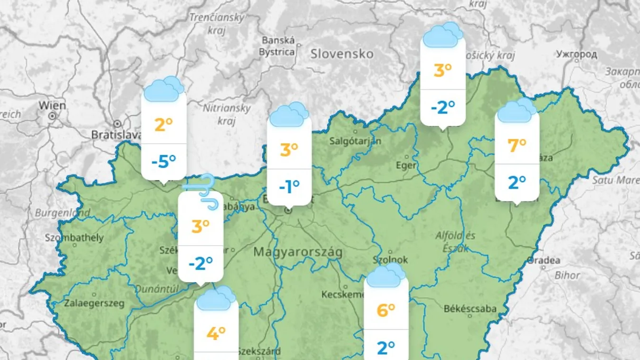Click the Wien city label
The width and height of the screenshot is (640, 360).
click(52, 105)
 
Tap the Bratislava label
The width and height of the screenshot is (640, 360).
click(116, 135)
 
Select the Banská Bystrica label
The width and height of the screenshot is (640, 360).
click(278, 46)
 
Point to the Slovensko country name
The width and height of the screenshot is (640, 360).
click(342, 54)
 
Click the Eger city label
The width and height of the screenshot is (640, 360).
click(406, 165)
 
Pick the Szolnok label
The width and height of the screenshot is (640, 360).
click(391, 260)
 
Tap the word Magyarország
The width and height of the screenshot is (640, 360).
click(297, 252)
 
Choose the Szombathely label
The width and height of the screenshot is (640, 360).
click(74, 237)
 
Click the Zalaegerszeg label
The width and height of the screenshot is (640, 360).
click(94, 303)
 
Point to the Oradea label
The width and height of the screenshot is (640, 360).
click(544, 260)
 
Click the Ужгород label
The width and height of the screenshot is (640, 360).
click(576, 54)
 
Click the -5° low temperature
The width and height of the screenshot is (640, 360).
click(163, 162)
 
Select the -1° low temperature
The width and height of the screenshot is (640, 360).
click(289, 187)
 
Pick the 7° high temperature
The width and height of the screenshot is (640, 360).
click(517, 145)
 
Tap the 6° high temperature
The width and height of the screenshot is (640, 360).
click(386, 310)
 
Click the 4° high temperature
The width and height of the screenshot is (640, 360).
click(216, 333)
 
